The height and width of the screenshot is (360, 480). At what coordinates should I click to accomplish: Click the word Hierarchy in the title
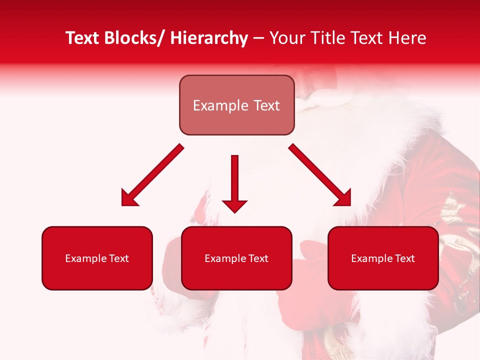click(x=209, y=38)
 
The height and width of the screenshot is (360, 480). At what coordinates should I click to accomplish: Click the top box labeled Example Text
click(x=236, y=105)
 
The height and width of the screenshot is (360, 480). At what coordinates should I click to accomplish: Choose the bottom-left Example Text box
click(x=97, y=258)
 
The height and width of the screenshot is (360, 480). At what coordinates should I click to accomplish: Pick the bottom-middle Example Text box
click(x=236, y=258)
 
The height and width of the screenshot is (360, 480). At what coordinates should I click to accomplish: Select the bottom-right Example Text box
click(x=383, y=258)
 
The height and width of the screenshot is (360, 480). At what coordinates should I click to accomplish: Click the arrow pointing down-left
click(x=152, y=175)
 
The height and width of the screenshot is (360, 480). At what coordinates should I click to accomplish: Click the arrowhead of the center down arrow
click(x=234, y=205)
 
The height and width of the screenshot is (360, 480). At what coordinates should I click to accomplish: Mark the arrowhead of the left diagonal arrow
click(x=129, y=198)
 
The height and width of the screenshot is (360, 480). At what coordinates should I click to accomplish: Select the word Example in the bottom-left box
click(x=85, y=258)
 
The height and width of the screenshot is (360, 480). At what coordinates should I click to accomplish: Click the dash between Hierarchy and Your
click(x=258, y=38)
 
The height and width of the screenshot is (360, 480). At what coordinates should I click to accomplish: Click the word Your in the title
click(x=286, y=38)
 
